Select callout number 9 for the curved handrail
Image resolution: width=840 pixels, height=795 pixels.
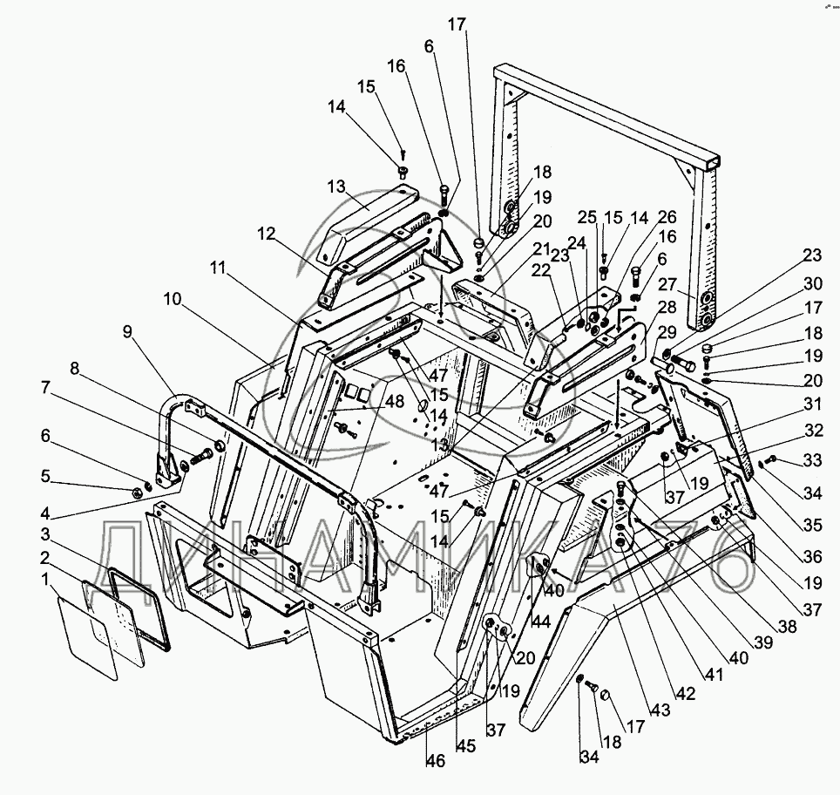pos(128,332)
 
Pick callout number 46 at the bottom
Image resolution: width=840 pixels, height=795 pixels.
pos(435,761)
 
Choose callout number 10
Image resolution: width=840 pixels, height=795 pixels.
pos(172,300)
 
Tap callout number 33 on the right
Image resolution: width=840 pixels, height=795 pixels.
pos(812,461)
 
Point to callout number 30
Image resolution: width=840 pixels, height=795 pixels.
pos(812,283)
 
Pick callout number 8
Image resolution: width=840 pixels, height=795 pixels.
pos(74,370)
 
